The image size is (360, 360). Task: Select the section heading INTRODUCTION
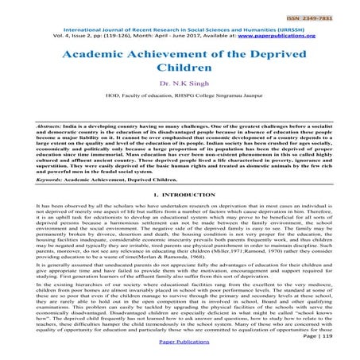click(x=188, y=195)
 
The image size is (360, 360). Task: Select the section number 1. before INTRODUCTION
click(x=153, y=195)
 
